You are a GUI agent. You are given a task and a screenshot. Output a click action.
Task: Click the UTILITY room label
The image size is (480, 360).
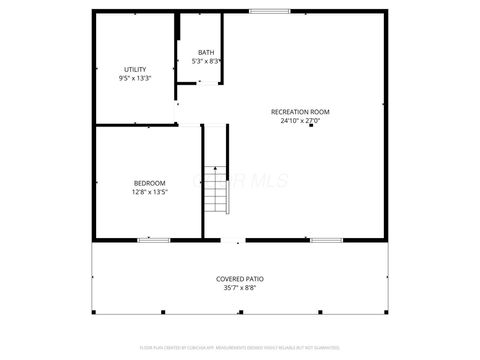click(x=134, y=69)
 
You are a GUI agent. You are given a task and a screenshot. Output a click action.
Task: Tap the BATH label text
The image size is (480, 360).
click(x=206, y=53)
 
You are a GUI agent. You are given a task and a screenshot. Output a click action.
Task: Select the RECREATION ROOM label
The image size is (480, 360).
click(x=300, y=111)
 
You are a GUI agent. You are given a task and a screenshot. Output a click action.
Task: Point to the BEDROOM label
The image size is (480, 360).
click(x=150, y=183)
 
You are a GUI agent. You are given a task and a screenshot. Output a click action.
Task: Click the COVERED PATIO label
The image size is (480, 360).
click(x=240, y=279)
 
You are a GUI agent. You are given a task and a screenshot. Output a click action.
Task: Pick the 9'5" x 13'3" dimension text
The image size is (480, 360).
click(x=134, y=78)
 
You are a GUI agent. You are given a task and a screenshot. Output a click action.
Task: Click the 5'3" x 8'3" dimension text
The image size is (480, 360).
click(x=206, y=62)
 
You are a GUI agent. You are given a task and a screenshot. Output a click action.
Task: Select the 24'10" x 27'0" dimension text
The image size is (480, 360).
click(x=300, y=120)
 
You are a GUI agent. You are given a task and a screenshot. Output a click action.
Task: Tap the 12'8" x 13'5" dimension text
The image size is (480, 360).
click(x=150, y=192)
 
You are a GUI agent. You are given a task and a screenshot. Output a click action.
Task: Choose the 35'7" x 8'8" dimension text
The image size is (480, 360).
click(x=240, y=288)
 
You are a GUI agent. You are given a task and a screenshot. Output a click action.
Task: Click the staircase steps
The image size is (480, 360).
click(x=217, y=190)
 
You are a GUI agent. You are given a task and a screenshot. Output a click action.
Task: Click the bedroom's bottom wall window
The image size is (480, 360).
click(x=153, y=240)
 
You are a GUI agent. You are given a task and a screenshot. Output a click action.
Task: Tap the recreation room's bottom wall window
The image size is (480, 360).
click(x=326, y=240)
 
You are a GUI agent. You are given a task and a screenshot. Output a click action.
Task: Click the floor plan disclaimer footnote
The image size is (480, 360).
click(x=240, y=349)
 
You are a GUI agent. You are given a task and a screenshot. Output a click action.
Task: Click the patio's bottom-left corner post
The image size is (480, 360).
click(x=93, y=312)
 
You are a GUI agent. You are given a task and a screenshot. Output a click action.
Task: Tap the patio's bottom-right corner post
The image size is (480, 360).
click(x=387, y=312)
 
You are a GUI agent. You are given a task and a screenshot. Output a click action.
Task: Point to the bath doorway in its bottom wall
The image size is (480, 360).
click(x=206, y=84)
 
